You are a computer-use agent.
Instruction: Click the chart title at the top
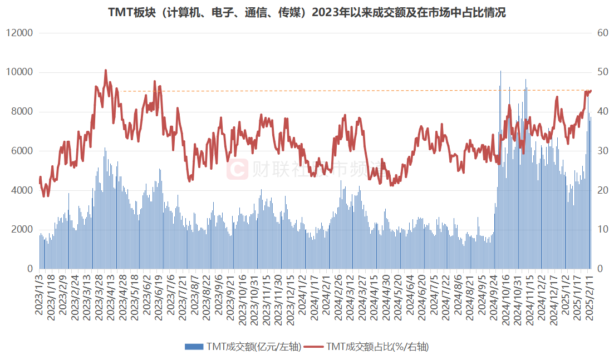pyautogui.click(x=307, y=13)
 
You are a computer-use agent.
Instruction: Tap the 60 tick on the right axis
pyautogui.click(x=601, y=33)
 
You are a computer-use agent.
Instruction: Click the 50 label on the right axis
pyautogui.click(x=601, y=72)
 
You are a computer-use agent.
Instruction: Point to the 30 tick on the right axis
pyautogui.click(x=601, y=151)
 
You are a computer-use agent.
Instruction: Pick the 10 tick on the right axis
pyautogui.click(x=601, y=230)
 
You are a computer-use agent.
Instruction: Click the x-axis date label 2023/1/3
pyautogui.click(x=40, y=295)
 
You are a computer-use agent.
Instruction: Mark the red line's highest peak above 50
pyautogui.click(x=106, y=71)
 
